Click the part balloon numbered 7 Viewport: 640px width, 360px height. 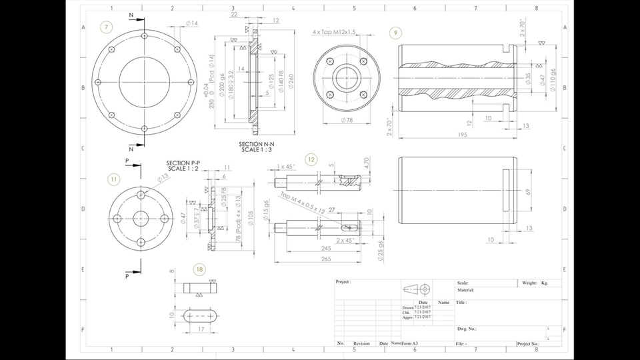[105, 27]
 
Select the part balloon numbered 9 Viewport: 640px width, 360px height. [396, 33]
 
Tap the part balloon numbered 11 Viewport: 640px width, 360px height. [114, 179]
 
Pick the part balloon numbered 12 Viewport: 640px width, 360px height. [311, 159]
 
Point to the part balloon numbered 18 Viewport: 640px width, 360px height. [199, 269]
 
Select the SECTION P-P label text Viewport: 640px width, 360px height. [183, 163]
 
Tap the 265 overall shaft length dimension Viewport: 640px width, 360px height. [325, 259]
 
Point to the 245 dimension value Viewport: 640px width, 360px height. [325, 248]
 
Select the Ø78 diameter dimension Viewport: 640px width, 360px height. [346, 120]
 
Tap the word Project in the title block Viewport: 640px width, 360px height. [343, 282]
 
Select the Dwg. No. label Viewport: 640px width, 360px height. [467, 329]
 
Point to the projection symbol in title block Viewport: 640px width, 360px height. [417, 289]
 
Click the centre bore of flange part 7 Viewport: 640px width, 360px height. [145, 82]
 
